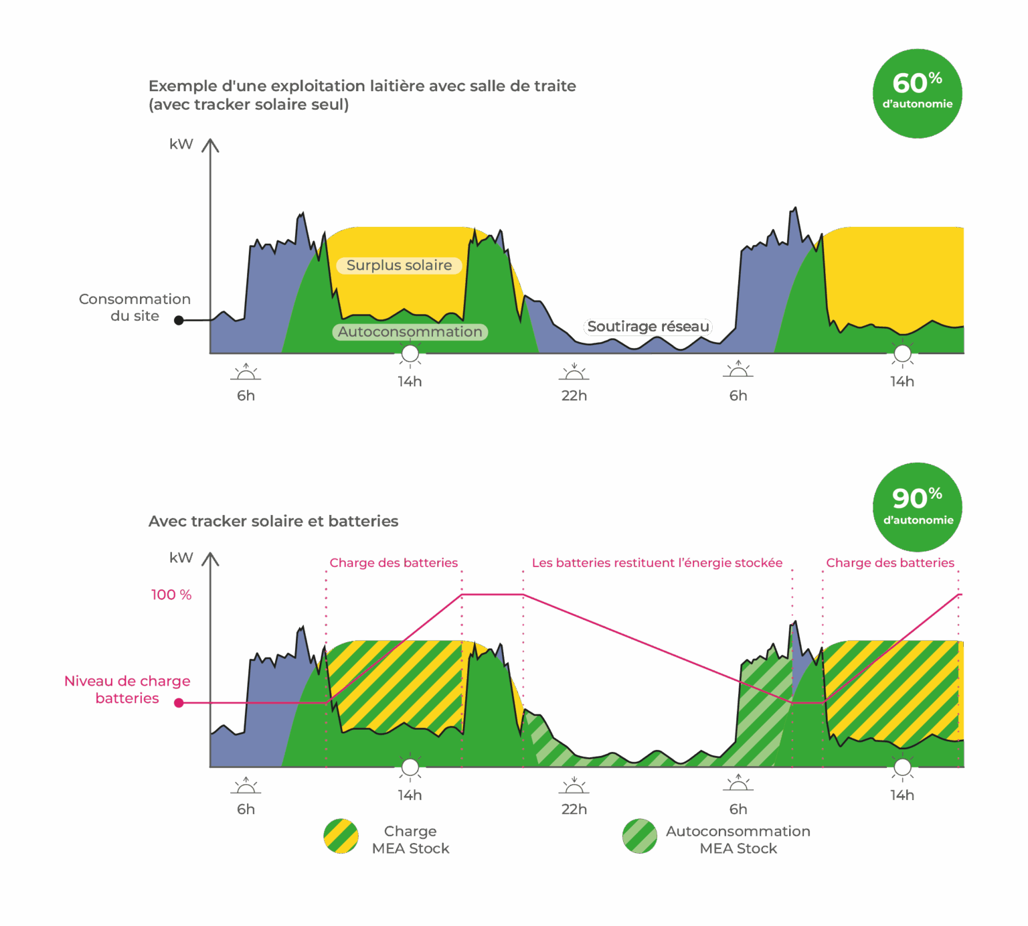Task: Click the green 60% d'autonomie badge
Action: point(917,93)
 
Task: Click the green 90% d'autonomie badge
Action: point(917,507)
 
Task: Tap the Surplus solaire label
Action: point(399,266)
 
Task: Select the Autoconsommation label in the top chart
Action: point(410,332)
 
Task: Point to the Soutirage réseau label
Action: point(648,327)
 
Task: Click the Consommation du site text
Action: point(135,307)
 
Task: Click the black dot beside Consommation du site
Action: point(179,321)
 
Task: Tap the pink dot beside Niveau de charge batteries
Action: point(179,703)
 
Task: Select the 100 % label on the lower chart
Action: point(171,595)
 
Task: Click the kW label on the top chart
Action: point(181,144)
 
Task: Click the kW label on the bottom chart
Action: point(181,558)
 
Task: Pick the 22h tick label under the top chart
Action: point(574,396)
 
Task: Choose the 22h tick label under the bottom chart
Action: point(574,809)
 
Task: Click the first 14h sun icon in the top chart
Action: point(410,354)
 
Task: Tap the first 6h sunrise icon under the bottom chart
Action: point(246,786)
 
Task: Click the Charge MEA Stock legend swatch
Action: point(341,836)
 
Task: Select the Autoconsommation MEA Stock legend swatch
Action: point(639,836)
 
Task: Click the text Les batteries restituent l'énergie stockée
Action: point(657,563)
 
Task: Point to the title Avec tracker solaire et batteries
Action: point(273,522)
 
